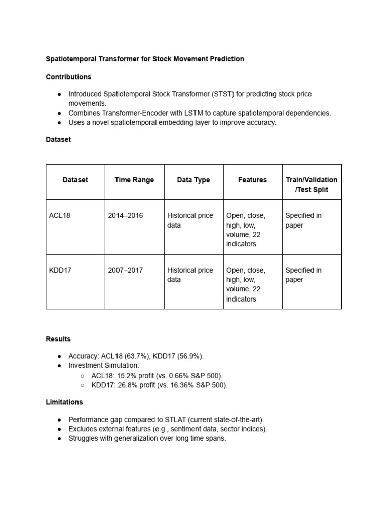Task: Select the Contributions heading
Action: pos(68,77)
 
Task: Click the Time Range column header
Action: pos(134,180)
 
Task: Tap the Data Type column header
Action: pos(193,180)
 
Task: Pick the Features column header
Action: pos(252,180)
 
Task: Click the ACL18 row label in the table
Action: pos(60,215)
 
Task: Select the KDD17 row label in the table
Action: pos(60,270)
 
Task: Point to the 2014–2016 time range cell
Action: pos(126,215)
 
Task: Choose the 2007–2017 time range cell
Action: pos(126,270)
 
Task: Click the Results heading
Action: pos(58,339)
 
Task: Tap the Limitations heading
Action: pos(64,402)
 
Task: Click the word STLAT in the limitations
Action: pos(176,420)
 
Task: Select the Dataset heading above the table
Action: pos(58,139)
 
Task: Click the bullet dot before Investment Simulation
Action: pos(59,366)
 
